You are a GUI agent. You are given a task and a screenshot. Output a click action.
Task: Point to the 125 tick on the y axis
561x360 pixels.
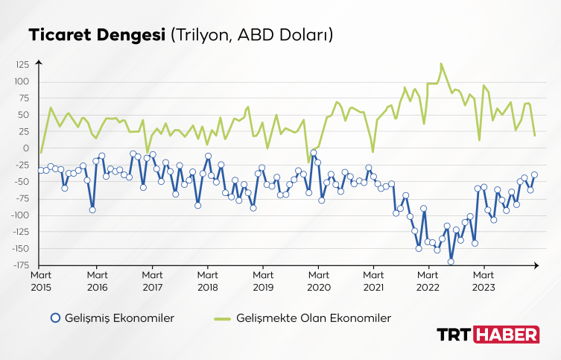click(x=21, y=65)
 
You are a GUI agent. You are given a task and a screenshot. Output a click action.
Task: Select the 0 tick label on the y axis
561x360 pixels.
click(x=26, y=148)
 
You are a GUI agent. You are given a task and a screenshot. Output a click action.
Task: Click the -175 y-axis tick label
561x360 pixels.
click(x=19, y=265)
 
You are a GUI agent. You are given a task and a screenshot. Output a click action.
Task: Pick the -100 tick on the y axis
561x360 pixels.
click(x=19, y=215)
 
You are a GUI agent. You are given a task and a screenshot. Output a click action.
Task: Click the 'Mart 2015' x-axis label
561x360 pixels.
click(x=41, y=280)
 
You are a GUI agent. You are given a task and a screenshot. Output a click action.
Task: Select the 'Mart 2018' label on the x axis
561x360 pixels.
click(x=207, y=280)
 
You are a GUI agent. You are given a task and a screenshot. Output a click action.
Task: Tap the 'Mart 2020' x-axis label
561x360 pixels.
click(x=318, y=280)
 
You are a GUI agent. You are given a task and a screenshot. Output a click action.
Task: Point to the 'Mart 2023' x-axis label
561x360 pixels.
click(x=484, y=280)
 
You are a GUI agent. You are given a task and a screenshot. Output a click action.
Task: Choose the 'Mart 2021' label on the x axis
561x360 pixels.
click(x=373, y=280)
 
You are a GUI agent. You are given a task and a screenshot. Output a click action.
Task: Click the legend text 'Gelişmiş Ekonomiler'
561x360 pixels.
click(x=121, y=318)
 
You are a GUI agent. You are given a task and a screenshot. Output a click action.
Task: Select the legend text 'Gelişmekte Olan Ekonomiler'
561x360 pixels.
click(x=314, y=318)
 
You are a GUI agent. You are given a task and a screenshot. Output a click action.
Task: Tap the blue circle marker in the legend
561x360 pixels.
click(x=55, y=318)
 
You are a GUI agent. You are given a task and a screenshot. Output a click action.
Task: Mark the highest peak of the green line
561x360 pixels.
click(x=441, y=64)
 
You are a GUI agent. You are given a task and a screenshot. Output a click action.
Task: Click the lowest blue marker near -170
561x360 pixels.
click(x=451, y=262)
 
